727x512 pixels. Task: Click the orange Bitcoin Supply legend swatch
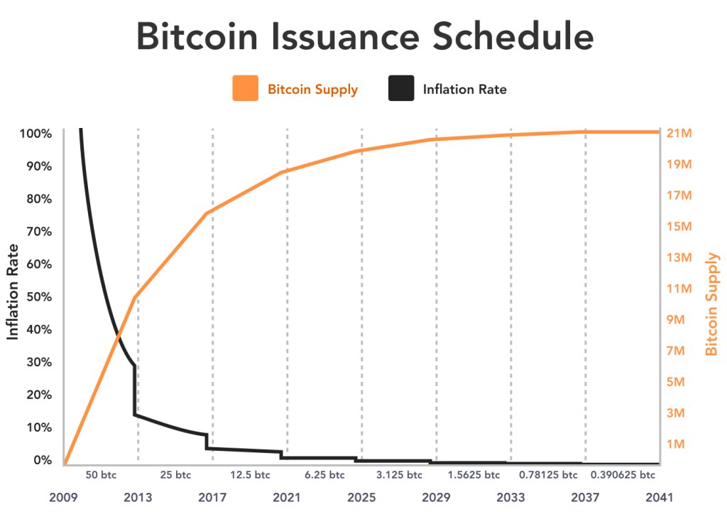pos(245,89)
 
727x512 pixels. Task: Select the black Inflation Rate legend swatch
pos(401,89)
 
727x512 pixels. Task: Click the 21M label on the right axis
pos(679,134)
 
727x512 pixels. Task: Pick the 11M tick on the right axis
pos(679,289)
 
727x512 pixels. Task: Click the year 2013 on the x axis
pos(138,497)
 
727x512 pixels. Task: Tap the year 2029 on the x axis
pos(436,497)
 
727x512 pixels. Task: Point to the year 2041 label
pos(659,497)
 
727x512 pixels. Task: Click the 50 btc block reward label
pos(101,475)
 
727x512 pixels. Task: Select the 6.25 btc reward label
pos(324,475)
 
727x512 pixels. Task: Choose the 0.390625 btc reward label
pos(623,475)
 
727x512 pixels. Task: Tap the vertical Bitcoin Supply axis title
pos(712,304)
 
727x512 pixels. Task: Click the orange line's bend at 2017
pos(207,213)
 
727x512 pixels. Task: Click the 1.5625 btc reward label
pos(474,475)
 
